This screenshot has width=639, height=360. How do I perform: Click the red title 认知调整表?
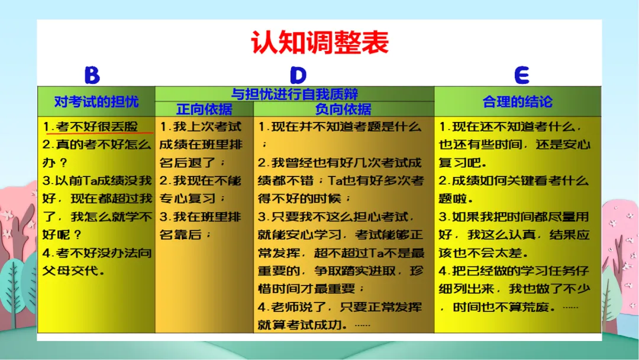pyautogui.click(x=319, y=43)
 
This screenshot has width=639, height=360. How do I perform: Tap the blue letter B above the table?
pyautogui.click(x=92, y=75)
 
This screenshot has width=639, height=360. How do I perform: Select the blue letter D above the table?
pyautogui.click(x=298, y=75)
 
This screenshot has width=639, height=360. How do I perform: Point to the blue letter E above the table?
pyautogui.click(x=522, y=75)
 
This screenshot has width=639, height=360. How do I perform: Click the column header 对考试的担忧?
pyautogui.click(x=96, y=101)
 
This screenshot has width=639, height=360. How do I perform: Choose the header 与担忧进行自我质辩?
pyautogui.click(x=295, y=94)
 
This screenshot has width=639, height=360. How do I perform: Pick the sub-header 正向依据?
pyautogui.click(x=204, y=110)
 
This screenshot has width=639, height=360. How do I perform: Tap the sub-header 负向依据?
pyautogui.click(x=343, y=110)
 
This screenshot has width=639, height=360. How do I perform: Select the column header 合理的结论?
pyautogui.click(x=518, y=101)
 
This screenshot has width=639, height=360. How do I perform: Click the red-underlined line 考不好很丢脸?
pyautogui.click(x=97, y=126)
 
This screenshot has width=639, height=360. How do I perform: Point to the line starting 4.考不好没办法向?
pyautogui.click(x=97, y=253)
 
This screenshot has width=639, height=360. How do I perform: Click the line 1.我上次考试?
pyautogui.click(x=201, y=126)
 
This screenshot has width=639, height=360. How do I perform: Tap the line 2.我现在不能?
pyautogui.click(x=201, y=181)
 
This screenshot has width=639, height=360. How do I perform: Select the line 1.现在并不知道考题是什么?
pyautogui.click(x=340, y=126)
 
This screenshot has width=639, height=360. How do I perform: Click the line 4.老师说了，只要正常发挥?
pyautogui.click(x=340, y=307)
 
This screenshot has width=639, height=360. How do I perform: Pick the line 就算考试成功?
pyautogui.click(x=314, y=325)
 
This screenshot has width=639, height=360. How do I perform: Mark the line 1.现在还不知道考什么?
pyautogui.click(x=510, y=126)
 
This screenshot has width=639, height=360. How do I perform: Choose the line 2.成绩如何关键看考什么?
pyautogui.click(x=514, y=181)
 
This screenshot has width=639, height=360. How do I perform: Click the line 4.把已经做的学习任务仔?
pyautogui.click(x=514, y=271)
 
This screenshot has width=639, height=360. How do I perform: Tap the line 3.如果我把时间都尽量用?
pyautogui.click(x=514, y=217)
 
